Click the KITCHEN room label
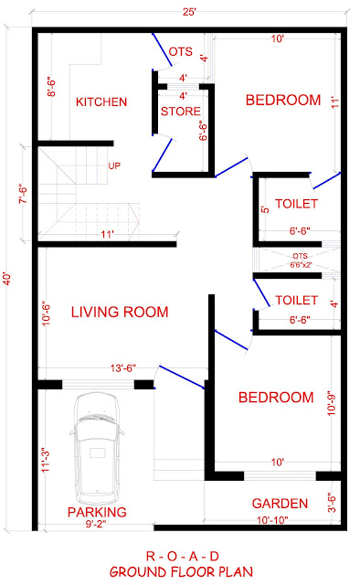coord(101,101)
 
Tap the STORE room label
coord(181,112)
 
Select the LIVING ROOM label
coord(120,312)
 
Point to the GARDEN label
coord(280,504)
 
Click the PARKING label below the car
coord(97,512)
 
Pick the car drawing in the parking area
coord(97,449)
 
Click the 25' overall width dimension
coord(189,12)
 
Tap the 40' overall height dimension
coord(8,278)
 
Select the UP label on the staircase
coord(114,165)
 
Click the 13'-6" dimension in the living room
coord(123,368)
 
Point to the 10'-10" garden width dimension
coord(272,520)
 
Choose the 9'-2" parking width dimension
coord(96,524)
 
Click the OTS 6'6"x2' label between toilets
coord(301,261)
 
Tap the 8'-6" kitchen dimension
coord(51,87)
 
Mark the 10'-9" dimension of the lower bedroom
coord(332,403)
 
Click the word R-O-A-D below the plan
coord(183,557)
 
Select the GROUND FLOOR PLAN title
coord(181,571)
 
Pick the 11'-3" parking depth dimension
coord(46,460)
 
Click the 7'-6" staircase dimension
coord(23,194)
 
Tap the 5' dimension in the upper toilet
coord(265,209)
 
